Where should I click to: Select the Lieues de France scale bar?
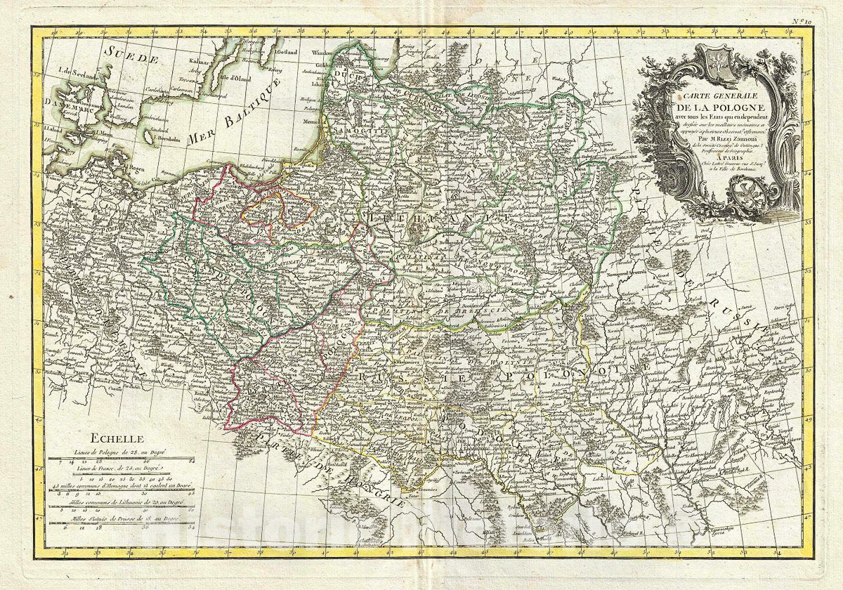tap(118, 476)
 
